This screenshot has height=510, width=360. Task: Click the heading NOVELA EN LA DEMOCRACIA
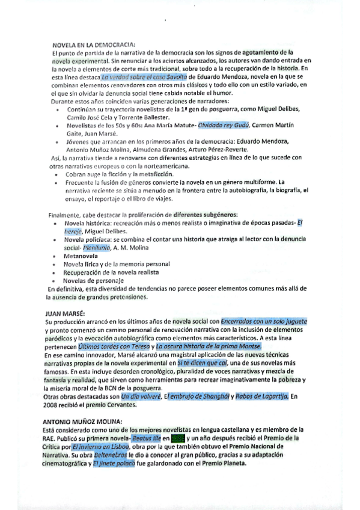[x=93, y=45]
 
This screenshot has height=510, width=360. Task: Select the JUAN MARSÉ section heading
[x=66, y=313]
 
